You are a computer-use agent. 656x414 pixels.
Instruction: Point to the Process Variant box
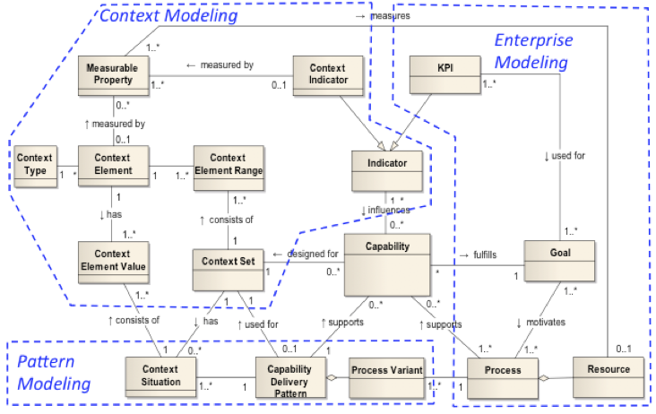coord(387,371)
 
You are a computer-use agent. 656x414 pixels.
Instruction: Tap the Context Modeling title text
coord(168,15)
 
